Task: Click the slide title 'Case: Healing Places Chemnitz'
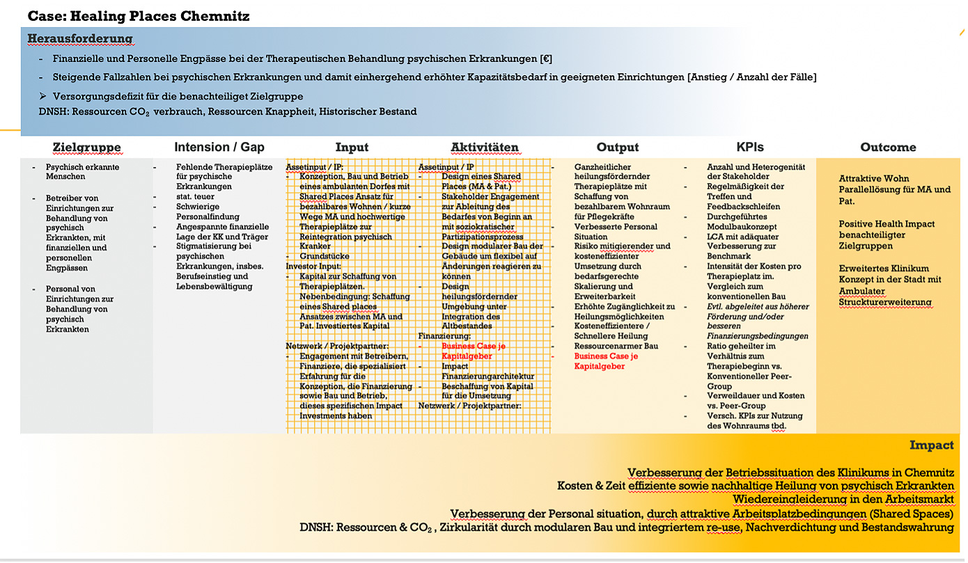click(x=138, y=15)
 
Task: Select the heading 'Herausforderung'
click(x=80, y=39)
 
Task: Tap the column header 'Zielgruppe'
click(x=86, y=148)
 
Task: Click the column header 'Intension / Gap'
click(x=219, y=148)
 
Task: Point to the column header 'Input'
click(x=352, y=148)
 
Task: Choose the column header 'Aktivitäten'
click(x=484, y=148)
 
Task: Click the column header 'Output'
click(x=617, y=148)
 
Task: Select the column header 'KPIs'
click(x=750, y=148)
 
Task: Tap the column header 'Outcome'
click(x=888, y=148)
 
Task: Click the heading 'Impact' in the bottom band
click(x=931, y=445)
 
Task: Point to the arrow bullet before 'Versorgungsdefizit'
click(x=43, y=96)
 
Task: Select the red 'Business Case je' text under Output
click(x=606, y=356)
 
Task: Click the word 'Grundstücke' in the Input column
click(x=322, y=256)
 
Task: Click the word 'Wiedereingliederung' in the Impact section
click(x=793, y=500)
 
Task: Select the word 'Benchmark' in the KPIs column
click(x=731, y=256)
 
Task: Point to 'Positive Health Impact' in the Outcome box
click(x=887, y=224)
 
